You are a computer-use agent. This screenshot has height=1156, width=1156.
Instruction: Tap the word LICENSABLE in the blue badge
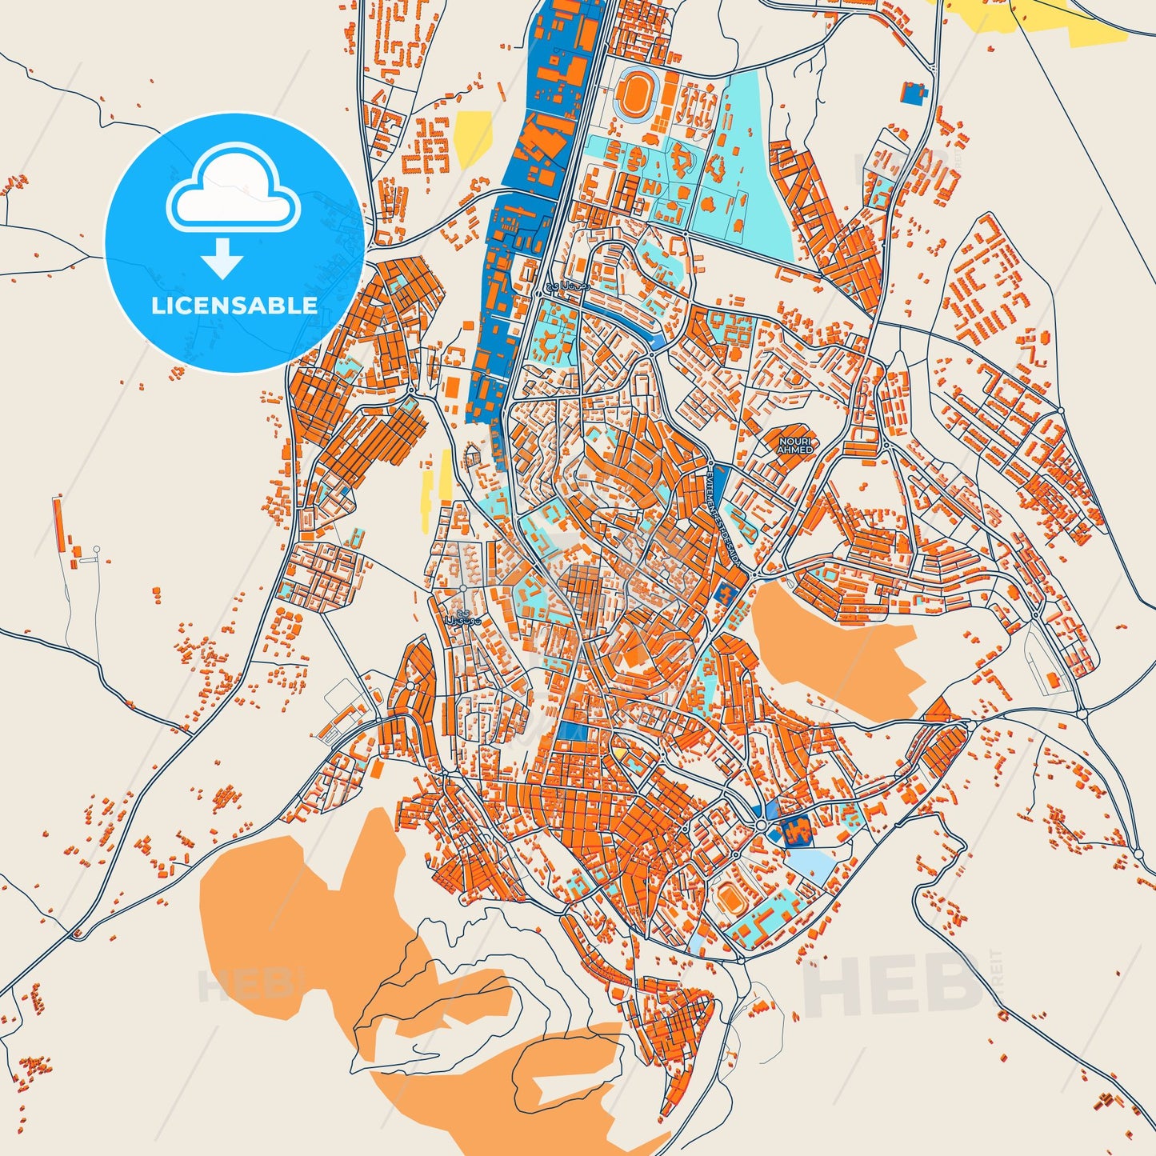point(234,306)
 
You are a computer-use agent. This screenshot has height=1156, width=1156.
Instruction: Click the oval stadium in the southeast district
point(730,898)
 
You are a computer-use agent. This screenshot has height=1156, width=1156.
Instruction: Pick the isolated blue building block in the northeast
point(914,94)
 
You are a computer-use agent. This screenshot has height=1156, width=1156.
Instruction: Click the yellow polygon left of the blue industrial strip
point(473,138)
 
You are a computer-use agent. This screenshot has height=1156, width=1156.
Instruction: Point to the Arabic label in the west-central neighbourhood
point(463,620)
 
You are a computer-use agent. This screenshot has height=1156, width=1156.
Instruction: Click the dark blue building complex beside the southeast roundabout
point(796,831)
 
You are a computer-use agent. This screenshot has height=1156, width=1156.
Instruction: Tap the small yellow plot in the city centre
point(618,753)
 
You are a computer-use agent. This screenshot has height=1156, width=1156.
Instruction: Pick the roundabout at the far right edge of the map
point(1138,854)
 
